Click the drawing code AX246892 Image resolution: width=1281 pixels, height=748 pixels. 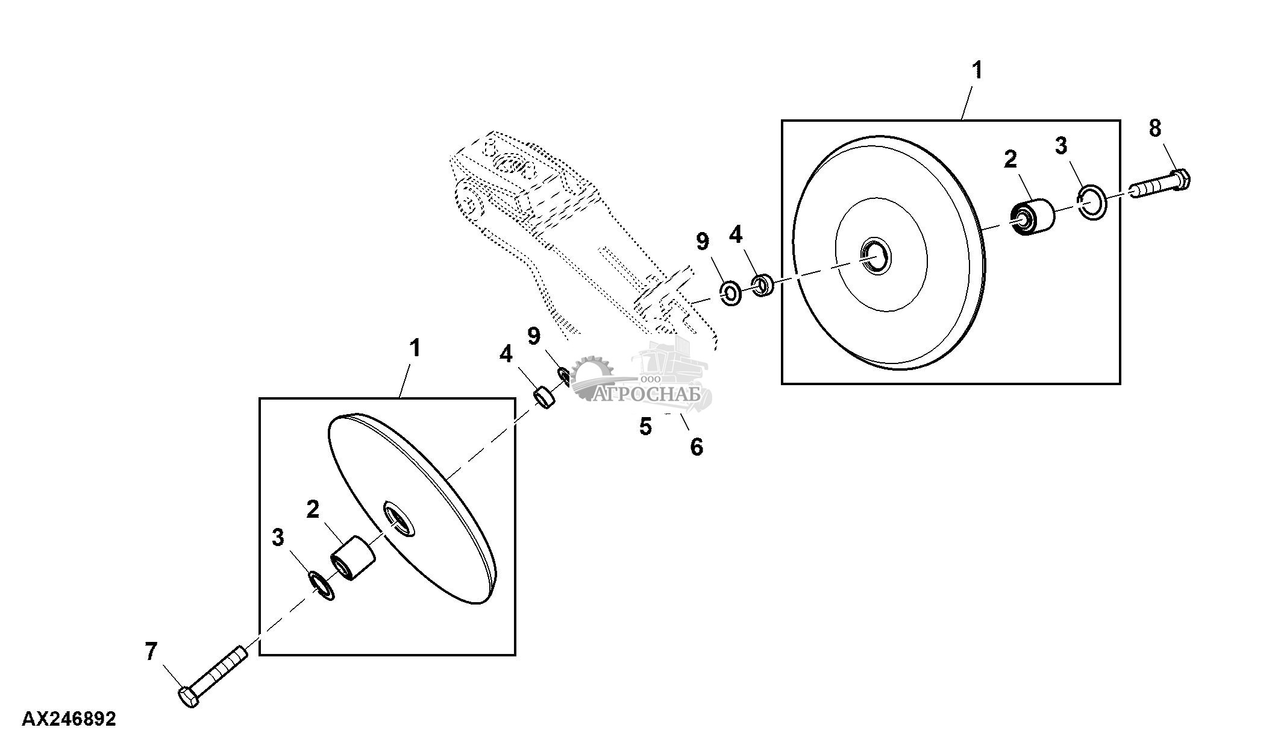pos(69,719)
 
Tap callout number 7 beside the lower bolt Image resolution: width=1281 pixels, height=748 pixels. pos(151,652)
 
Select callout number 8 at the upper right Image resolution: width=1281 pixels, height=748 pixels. pos(1154,128)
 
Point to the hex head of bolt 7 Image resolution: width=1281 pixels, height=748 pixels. pos(189,697)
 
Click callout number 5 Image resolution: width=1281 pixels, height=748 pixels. pos(645,427)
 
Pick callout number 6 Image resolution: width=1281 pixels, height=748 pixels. pos(697,447)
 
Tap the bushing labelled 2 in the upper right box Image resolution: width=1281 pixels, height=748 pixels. pos(1034,218)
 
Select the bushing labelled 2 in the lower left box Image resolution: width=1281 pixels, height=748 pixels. pos(352,558)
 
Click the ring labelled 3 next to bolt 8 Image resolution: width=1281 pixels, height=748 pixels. pos(1091,203)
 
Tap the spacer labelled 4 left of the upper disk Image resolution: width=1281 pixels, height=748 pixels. pos(763,284)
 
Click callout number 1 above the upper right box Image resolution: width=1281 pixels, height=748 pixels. pos(977,71)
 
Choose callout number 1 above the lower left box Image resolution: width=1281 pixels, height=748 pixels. pos(415,348)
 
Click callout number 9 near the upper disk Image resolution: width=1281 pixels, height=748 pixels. pos(703,242)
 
